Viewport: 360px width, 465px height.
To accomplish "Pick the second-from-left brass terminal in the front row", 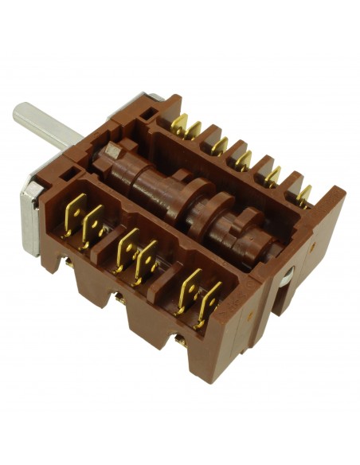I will tap(94, 225).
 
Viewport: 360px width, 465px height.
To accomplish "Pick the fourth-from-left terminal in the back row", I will tap(243, 158).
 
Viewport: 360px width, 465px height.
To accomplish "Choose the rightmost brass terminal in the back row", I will tap(304, 193).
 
